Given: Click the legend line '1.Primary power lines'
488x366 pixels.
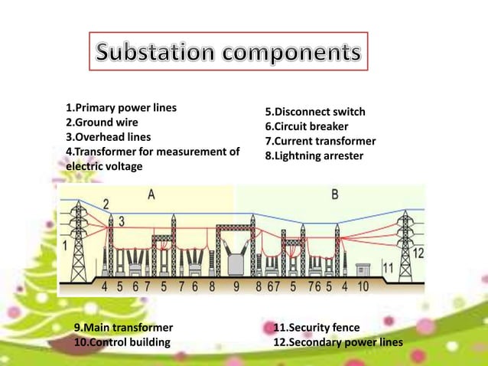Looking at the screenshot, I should click(121, 108).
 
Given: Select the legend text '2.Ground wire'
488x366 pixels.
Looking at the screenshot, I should click(101, 123).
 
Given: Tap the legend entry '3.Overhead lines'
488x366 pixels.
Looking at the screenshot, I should click(108, 137).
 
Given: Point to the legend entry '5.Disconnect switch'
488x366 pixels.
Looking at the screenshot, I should click(315, 113).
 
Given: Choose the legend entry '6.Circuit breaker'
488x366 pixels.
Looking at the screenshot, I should click(307, 127).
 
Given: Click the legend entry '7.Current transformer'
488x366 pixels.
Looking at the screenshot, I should click(320, 142).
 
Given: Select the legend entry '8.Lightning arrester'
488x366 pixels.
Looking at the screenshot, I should click(314, 156).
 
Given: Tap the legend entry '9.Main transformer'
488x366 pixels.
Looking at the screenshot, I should click(123, 328).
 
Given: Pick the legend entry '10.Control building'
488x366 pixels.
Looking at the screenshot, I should click(122, 341).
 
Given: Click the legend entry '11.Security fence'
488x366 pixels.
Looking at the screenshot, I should click(317, 328).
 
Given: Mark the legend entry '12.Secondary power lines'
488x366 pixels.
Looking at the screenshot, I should click(337, 341).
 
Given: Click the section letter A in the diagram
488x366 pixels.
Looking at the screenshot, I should click(151, 194).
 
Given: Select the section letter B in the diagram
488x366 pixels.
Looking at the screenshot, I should click(335, 194).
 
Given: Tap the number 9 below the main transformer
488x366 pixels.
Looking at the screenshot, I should click(236, 287).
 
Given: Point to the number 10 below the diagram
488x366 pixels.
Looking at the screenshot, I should click(362, 287).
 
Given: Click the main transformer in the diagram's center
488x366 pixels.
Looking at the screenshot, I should click(236, 257).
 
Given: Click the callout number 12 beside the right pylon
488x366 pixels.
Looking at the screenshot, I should click(418, 252).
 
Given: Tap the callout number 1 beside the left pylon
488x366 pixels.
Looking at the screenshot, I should click(65, 246).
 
